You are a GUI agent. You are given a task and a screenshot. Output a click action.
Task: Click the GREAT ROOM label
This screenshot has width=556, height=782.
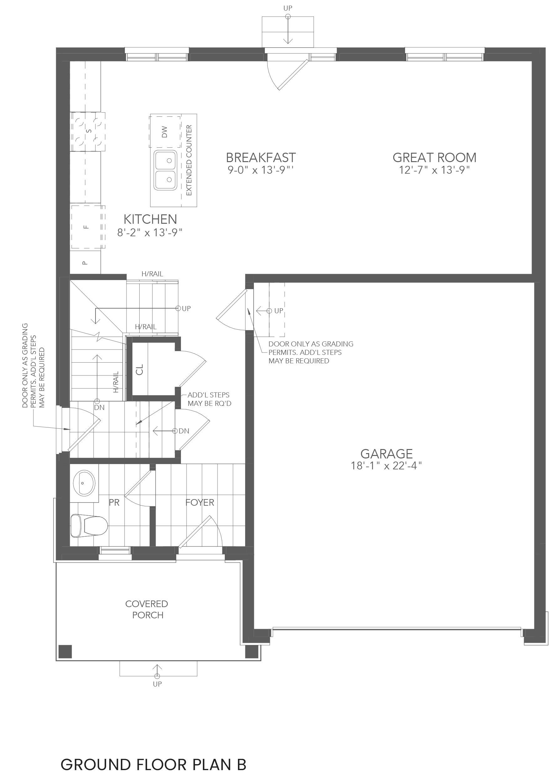pyautogui.click(x=434, y=158)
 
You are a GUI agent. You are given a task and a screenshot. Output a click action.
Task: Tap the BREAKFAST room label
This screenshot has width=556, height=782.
pyautogui.click(x=260, y=158)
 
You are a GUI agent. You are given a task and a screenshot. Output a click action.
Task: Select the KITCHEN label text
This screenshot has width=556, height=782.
pyautogui.click(x=150, y=219)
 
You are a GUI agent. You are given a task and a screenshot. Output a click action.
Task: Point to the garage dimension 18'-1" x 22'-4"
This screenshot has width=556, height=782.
pyautogui.click(x=386, y=466)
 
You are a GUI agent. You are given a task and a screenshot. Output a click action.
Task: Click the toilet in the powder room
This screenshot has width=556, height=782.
pyautogui.click(x=89, y=526)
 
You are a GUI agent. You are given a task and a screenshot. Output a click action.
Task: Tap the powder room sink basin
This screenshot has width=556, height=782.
pyautogui.click(x=84, y=483)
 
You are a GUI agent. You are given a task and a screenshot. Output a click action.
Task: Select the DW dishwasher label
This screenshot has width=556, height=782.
pyautogui.click(x=165, y=132)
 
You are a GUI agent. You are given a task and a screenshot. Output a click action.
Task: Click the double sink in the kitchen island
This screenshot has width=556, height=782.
pyautogui.click(x=165, y=170)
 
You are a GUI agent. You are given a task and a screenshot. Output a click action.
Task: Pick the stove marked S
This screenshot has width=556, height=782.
pyautogui.click(x=88, y=131)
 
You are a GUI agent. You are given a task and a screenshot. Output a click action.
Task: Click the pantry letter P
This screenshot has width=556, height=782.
pyautogui.click(x=85, y=263)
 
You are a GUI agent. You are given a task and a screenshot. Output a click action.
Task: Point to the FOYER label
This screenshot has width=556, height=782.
pyautogui.click(x=200, y=502)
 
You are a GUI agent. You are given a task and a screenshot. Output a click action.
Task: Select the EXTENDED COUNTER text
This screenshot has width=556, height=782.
pyautogui.click(x=189, y=160)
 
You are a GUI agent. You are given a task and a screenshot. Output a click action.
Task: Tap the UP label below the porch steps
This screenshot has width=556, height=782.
pyautogui.click(x=157, y=684)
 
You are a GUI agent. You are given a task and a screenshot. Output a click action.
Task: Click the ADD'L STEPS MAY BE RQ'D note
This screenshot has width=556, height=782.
pyautogui.click(x=209, y=399)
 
